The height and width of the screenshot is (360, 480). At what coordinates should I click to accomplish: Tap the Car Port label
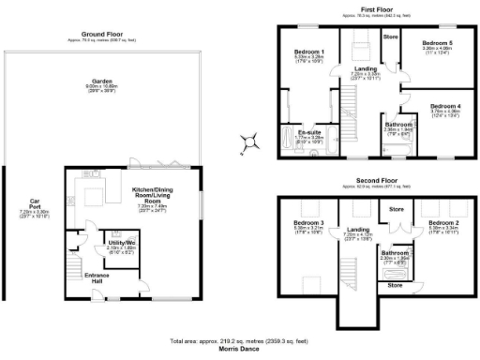click(34, 202)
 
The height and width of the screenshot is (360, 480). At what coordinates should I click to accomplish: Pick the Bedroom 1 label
click(309, 51)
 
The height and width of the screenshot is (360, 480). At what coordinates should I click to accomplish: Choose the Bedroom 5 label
click(437, 43)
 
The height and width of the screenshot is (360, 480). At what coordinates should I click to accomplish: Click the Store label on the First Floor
click(390, 37)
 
